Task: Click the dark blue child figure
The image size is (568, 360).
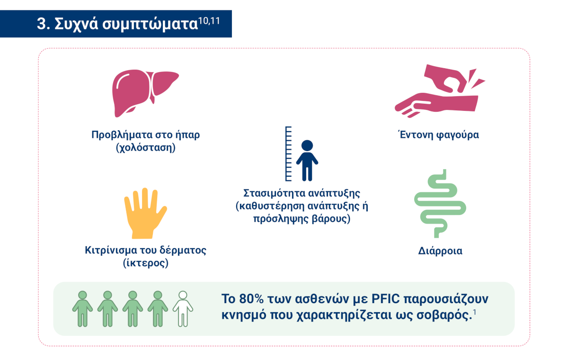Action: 307,160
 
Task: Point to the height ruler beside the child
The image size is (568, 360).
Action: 288,154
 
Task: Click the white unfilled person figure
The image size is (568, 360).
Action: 183,309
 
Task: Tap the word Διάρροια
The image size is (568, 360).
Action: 440,251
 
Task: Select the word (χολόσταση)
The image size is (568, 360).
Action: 146,148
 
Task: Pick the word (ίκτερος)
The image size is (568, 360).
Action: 146,263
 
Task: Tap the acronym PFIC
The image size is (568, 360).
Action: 385,299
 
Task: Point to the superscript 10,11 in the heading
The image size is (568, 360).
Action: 209,20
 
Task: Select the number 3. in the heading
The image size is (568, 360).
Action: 44,24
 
